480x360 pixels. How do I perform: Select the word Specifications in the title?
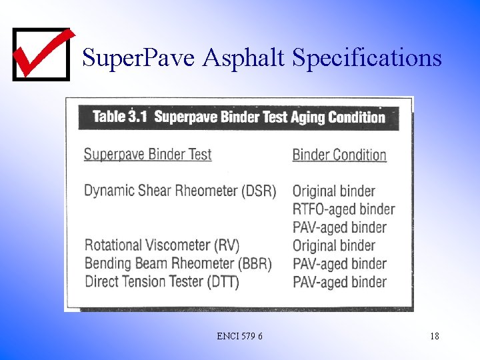[x=367, y=59]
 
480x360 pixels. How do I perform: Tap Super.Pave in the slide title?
[x=139, y=59]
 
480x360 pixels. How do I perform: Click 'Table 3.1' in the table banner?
[x=119, y=117]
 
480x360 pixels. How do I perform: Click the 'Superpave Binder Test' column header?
[x=147, y=155]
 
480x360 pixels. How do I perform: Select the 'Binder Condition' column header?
[x=339, y=155]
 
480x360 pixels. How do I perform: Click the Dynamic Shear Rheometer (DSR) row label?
[x=180, y=191]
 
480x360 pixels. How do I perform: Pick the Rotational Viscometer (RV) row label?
[x=162, y=245]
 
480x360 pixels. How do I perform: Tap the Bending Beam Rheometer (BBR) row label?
[x=178, y=263]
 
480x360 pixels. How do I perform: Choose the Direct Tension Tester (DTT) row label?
[x=162, y=281]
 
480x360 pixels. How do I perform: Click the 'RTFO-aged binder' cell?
[x=343, y=209]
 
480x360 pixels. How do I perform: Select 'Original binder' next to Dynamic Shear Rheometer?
[x=334, y=191]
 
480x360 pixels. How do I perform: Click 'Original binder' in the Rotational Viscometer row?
[x=334, y=245]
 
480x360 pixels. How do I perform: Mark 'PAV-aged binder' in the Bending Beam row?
[x=339, y=263]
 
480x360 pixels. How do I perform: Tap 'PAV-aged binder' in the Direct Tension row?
[x=339, y=281]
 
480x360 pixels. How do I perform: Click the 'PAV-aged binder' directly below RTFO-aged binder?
[x=339, y=227]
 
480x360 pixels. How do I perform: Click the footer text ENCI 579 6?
[x=239, y=337]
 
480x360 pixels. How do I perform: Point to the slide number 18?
[x=435, y=337]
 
